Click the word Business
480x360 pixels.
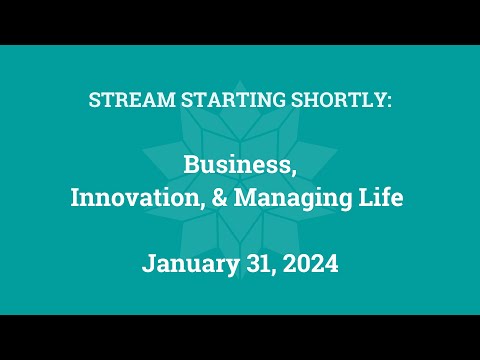(239, 165)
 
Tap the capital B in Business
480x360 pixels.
(190, 165)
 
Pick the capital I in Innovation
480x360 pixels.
(75, 198)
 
